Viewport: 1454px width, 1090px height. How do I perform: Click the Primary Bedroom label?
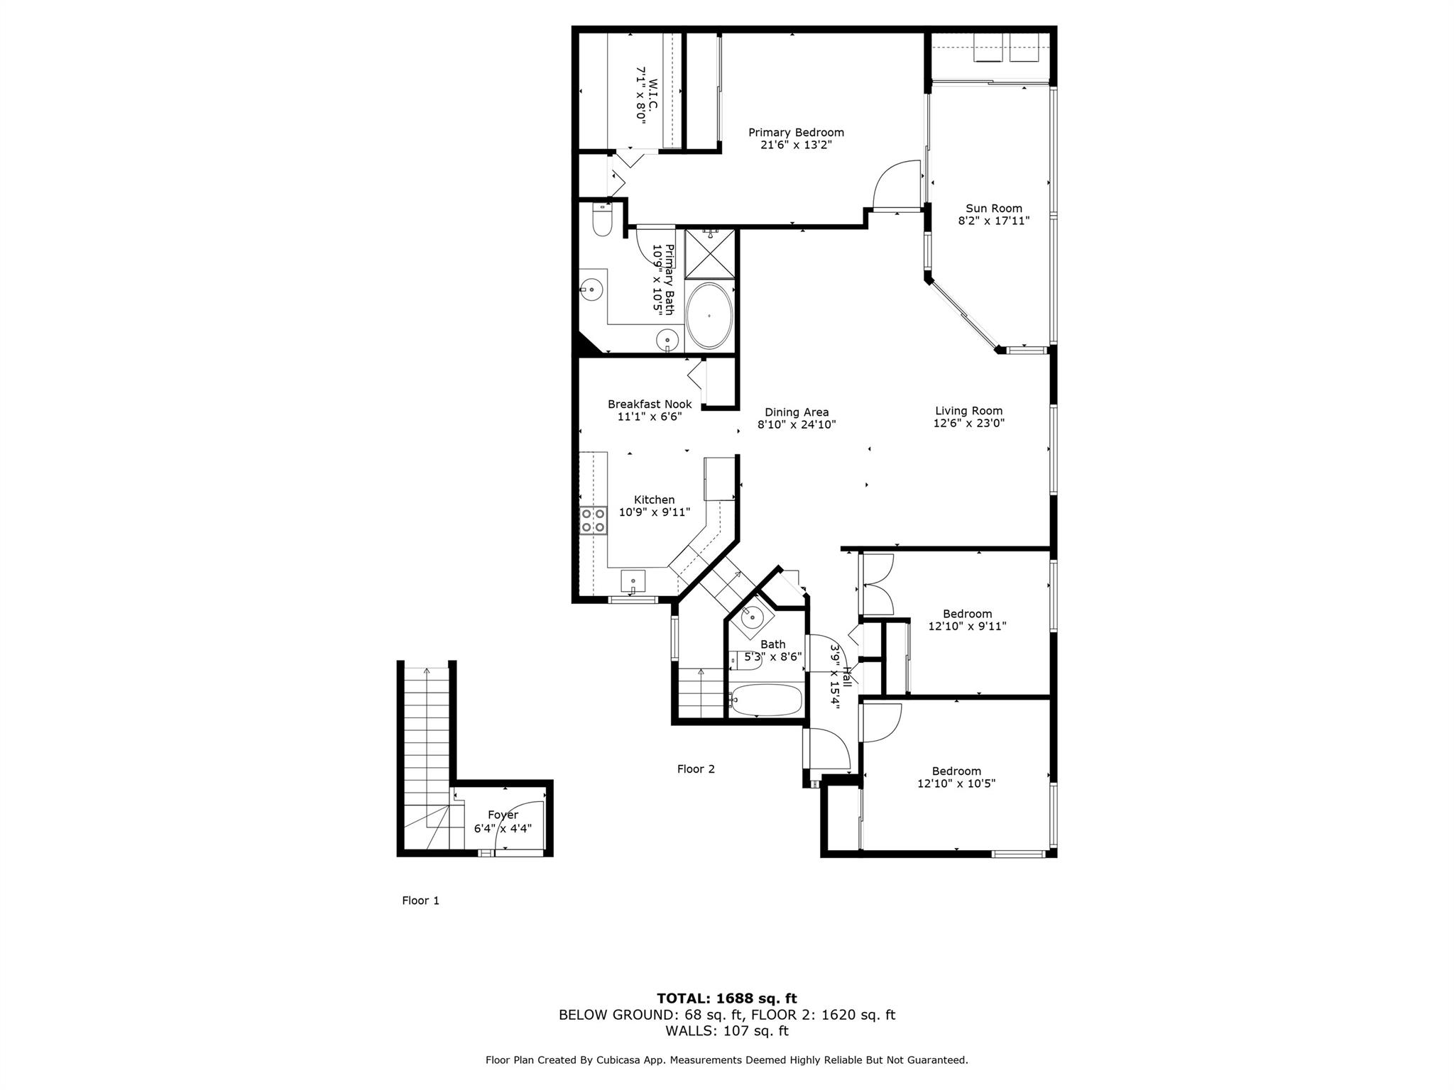(796, 133)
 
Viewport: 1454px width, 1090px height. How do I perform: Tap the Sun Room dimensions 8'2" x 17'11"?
(994, 221)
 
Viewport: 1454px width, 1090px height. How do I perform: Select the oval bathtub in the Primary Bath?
(709, 316)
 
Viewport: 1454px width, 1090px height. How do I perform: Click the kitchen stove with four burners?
(594, 519)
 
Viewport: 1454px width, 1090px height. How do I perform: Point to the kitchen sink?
(633, 580)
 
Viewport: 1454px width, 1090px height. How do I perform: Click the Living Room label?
(968, 411)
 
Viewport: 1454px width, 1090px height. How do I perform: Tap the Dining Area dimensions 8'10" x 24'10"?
(797, 425)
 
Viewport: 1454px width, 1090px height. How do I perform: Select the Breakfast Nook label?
(650, 404)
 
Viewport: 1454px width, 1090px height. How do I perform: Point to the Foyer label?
(503, 815)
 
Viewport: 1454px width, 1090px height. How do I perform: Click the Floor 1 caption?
(421, 901)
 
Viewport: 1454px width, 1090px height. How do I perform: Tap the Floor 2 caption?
(696, 769)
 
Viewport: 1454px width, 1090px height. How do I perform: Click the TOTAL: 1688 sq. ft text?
(727, 998)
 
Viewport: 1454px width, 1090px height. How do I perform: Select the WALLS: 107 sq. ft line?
(727, 1031)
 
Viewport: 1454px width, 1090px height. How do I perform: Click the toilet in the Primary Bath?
(601, 220)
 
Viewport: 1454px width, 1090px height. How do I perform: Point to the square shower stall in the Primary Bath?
(709, 253)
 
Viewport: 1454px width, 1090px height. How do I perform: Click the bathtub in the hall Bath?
(766, 700)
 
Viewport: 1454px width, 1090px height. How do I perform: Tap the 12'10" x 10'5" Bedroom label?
(956, 778)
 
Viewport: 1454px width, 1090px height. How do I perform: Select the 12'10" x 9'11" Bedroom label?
(967, 620)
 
